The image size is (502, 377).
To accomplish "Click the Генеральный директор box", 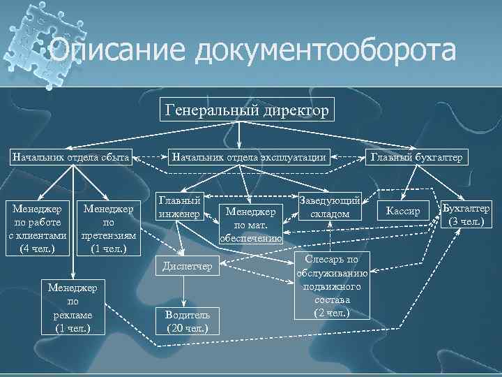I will click(x=248, y=110).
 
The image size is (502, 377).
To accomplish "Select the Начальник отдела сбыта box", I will click(x=70, y=157).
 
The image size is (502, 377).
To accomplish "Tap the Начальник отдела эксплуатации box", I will click(x=250, y=157).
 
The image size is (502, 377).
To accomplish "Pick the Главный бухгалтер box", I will click(x=416, y=157).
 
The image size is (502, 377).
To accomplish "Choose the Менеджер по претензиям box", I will click(x=109, y=228).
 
